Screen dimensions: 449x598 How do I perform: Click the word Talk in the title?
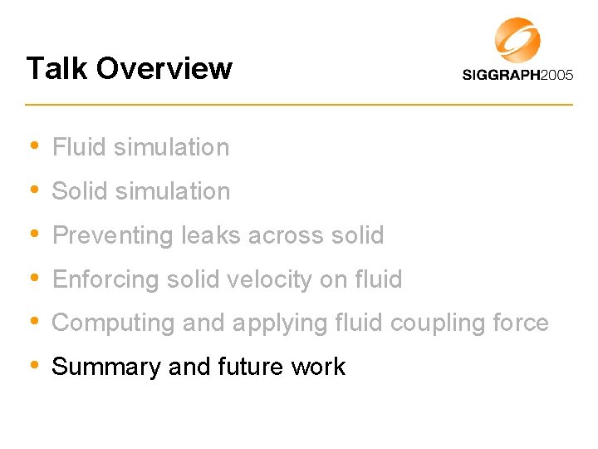coord(56,68)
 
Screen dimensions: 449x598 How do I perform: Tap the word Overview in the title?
coord(164,68)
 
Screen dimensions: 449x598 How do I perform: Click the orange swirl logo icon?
coord(518,40)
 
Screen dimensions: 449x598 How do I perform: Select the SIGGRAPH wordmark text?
coord(500,76)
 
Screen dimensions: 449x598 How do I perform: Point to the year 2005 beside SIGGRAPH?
coord(556,76)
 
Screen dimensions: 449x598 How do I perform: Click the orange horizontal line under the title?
coord(299,104)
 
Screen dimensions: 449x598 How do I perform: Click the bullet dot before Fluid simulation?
coord(33,146)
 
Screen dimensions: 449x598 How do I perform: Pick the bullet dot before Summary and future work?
coord(33,365)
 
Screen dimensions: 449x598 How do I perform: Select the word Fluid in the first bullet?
coord(79,147)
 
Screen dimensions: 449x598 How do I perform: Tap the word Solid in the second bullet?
coord(80,191)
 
